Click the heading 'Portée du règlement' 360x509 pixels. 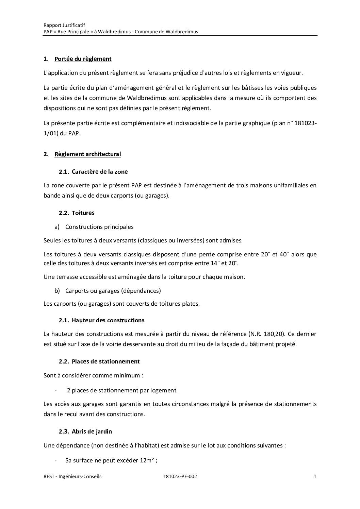[83, 59]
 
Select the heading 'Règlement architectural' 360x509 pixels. [87, 154]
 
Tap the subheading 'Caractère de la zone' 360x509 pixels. [100, 172]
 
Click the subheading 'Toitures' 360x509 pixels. [83, 213]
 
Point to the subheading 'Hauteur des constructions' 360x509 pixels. [108, 320]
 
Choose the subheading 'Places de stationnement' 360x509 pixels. [105, 361]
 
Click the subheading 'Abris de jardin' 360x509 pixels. [92, 431]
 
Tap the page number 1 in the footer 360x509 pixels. [315, 477]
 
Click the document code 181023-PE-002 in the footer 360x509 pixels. [180, 477]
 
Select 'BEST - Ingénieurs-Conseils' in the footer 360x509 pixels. [72, 477]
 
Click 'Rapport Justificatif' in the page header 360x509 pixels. [64, 25]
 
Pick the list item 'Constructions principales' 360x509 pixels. [99, 227]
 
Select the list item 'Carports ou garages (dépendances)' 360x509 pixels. [113, 291]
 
